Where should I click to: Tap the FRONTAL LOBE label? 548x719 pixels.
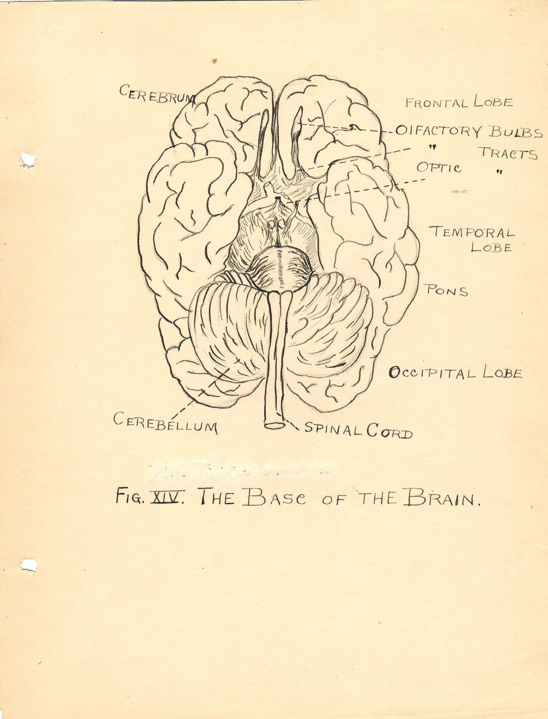click(x=458, y=102)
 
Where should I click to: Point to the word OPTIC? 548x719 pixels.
click(x=439, y=167)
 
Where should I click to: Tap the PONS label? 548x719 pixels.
click(x=446, y=290)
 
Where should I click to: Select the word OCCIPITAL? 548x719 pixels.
click(x=432, y=373)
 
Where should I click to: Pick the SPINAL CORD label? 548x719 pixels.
click(x=359, y=430)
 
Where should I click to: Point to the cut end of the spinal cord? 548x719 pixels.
click(x=274, y=426)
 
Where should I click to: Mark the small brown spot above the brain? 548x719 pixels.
click(x=214, y=61)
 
